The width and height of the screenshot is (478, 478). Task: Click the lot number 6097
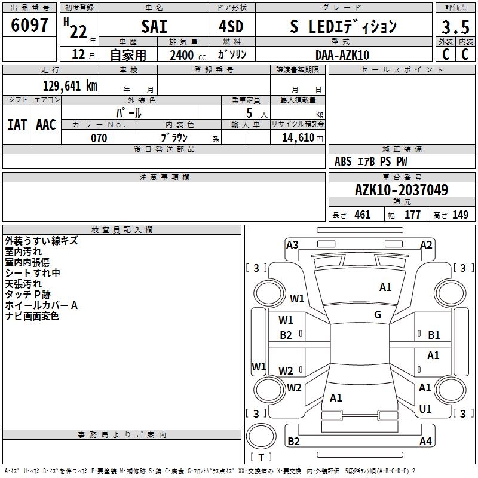click(29, 25)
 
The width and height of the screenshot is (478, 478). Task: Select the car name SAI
click(154, 26)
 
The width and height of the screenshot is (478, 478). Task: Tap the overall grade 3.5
click(455, 27)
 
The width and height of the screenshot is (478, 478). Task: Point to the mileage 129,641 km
click(70, 86)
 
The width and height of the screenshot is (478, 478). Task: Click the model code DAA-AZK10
click(342, 55)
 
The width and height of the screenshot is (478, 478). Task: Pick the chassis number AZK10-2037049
click(402, 190)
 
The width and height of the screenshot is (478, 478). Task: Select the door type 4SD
click(231, 26)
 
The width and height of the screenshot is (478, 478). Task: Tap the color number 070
click(99, 138)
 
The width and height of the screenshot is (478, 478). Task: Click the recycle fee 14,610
click(298, 138)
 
